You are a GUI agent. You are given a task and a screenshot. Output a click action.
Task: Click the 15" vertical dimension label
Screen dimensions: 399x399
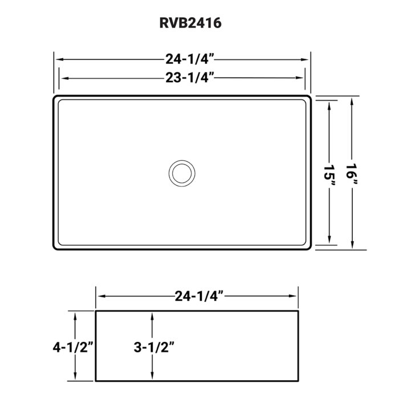(x=329, y=173)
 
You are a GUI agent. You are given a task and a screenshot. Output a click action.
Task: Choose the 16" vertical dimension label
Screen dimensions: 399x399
(x=353, y=173)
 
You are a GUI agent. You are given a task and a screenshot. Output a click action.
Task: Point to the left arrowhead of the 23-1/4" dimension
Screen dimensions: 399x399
(x=63, y=78)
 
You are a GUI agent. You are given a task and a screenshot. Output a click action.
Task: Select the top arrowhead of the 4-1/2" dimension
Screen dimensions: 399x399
(x=75, y=315)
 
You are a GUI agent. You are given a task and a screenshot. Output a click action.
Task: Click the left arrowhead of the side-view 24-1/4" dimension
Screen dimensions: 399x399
(x=100, y=296)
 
